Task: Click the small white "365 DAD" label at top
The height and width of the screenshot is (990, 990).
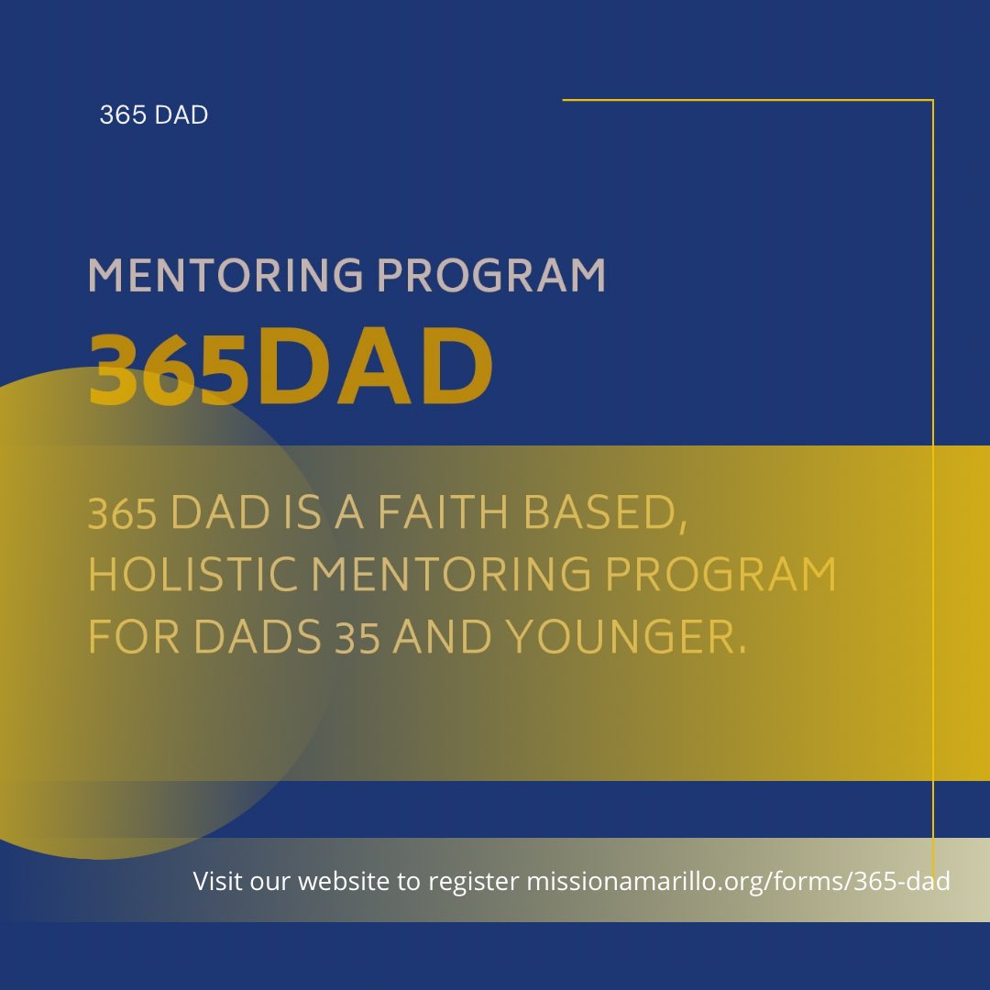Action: pyautogui.click(x=153, y=115)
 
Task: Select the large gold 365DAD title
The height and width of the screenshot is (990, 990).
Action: pyautogui.click(x=291, y=369)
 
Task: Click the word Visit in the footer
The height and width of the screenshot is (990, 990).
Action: pyautogui.click(x=217, y=881)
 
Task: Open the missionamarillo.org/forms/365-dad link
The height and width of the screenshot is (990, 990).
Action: pyautogui.click(x=738, y=882)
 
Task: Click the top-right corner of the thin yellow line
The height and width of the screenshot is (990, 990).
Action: pyautogui.click(x=932, y=100)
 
